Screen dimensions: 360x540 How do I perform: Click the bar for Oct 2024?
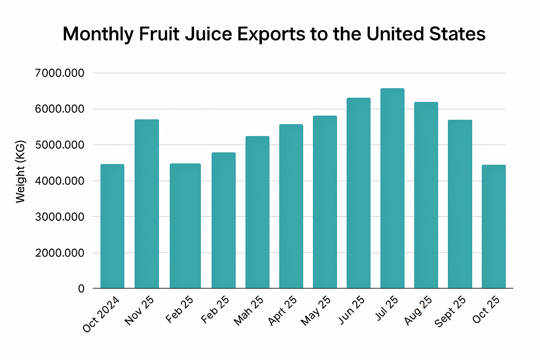pos(112,226)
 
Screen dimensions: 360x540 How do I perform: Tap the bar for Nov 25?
pos(147,204)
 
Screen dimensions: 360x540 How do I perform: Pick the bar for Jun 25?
pos(358,193)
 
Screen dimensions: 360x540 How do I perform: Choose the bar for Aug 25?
pos(426,195)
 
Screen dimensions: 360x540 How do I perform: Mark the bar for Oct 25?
pos(494,227)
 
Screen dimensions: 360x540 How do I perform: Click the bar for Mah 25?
pos(257,212)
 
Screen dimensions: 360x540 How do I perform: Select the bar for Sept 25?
pos(460,204)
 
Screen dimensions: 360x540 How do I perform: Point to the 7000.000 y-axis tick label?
pos(60,73)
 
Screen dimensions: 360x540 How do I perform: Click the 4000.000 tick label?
pos(60,181)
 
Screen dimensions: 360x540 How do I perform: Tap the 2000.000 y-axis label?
pos(60,253)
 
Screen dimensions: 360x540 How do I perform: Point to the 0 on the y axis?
pos(81,289)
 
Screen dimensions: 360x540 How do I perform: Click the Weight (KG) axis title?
pos(21,172)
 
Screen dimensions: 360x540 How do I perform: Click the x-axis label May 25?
pos(316,310)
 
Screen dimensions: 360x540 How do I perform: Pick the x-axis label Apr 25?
pos(282,310)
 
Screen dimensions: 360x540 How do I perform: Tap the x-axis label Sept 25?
pos(450,311)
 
